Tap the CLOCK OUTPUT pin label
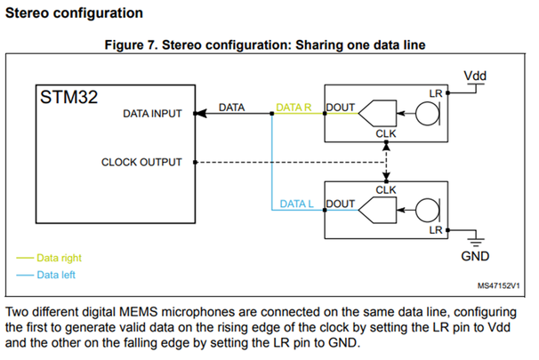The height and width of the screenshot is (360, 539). click(x=141, y=162)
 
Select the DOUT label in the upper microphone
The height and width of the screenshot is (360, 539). click(x=342, y=108)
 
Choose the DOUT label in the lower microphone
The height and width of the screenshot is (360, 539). click(x=342, y=204)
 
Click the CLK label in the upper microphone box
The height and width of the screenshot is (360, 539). click(x=386, y=134)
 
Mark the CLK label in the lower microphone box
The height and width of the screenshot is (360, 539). click(x=386, y=189)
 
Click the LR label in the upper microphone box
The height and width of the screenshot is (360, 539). click(x=436, y=92)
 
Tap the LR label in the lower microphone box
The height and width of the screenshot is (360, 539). click(x=436, y=228)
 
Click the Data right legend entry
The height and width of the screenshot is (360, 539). click(x=60, y=258)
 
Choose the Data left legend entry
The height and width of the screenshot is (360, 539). click(x=57, y=274)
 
